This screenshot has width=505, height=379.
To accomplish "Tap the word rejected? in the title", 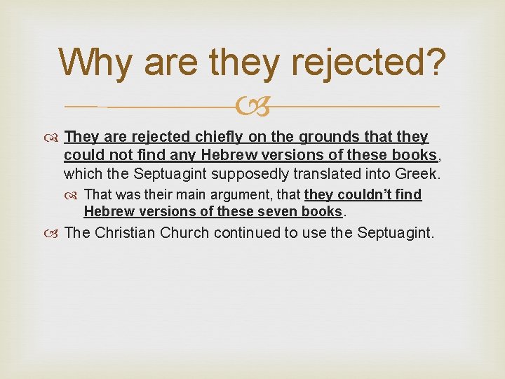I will tap(370, 62).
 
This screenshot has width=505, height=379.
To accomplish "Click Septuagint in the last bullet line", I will tap(396, 232).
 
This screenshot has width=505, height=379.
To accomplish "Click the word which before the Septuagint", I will tap(82, 173).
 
